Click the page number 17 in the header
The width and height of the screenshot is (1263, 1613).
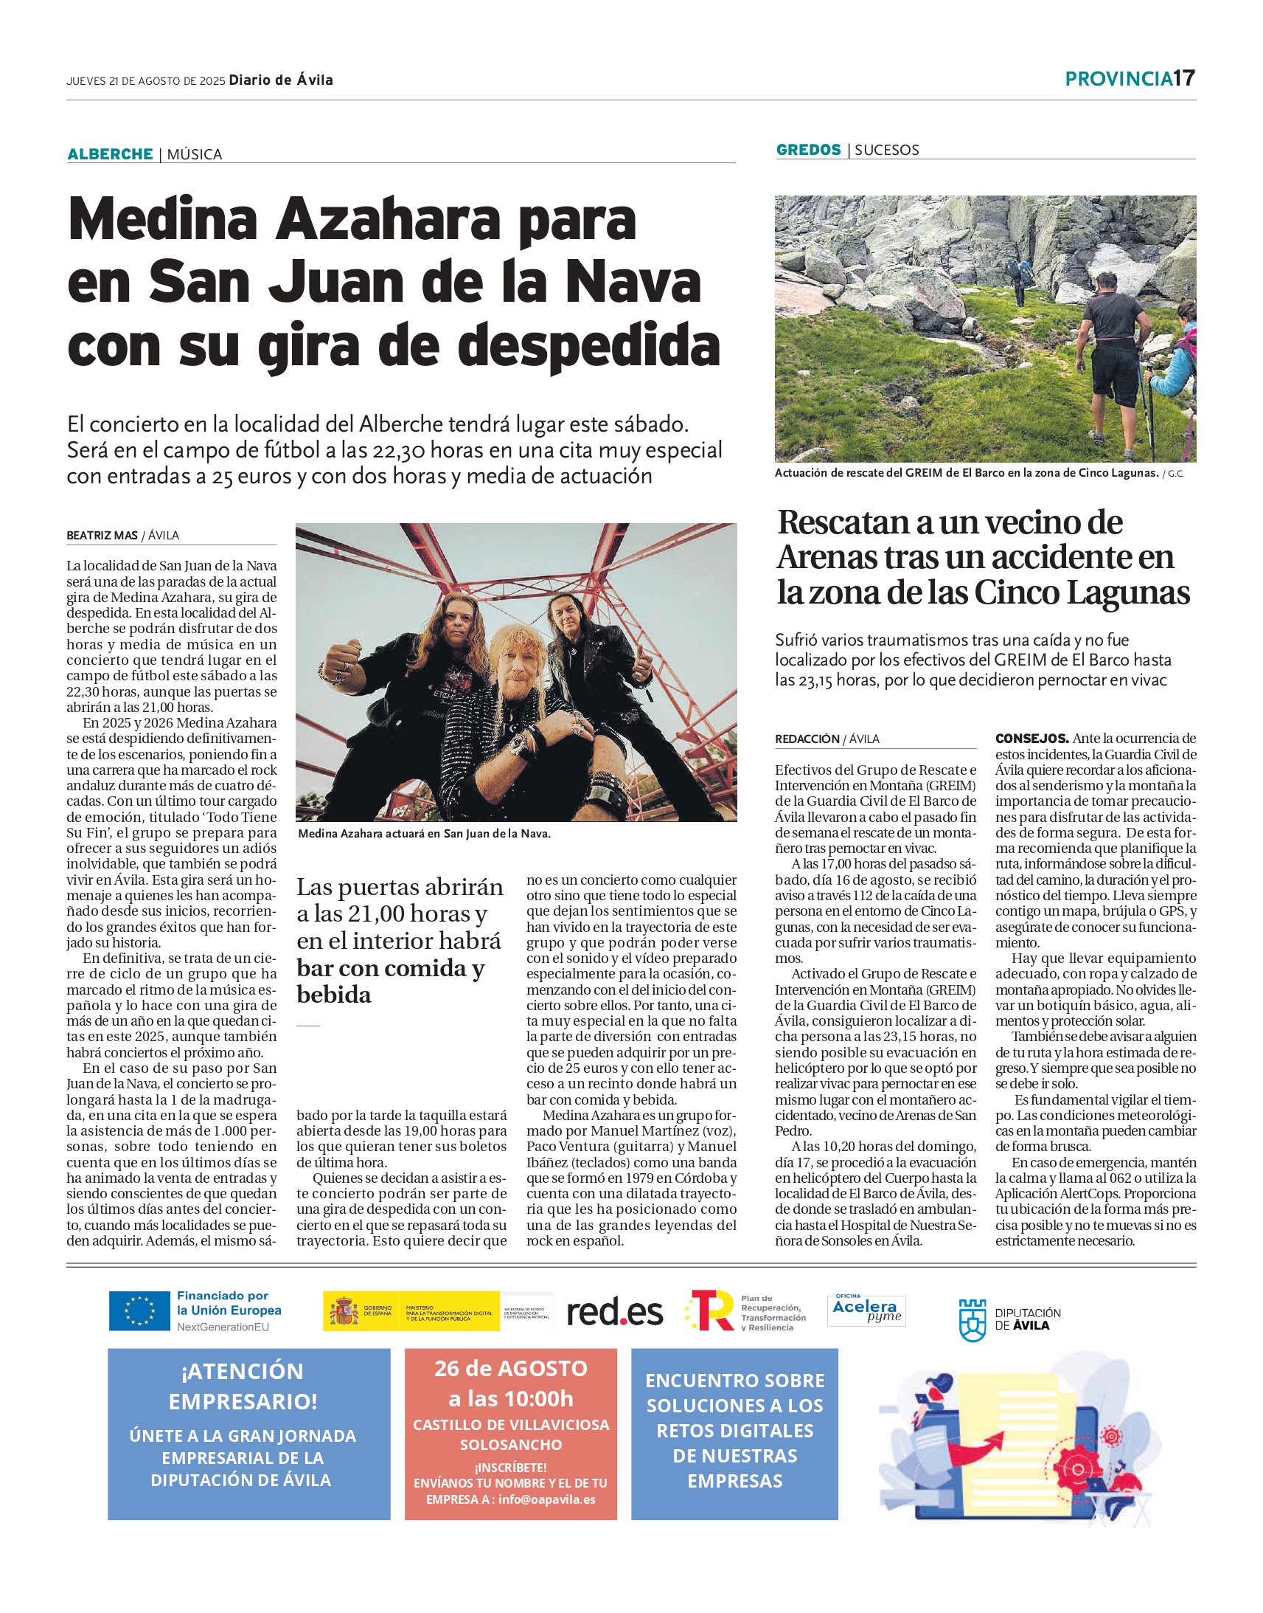1184,78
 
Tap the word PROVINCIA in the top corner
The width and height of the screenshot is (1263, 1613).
1118,79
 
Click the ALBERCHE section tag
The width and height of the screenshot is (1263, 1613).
109,154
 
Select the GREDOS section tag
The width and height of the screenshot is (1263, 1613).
808,150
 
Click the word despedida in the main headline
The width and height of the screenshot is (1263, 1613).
588,346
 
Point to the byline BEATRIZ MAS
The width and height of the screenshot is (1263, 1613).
102,535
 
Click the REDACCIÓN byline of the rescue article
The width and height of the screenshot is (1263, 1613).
807,739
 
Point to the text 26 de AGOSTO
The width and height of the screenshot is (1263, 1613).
510,1369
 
